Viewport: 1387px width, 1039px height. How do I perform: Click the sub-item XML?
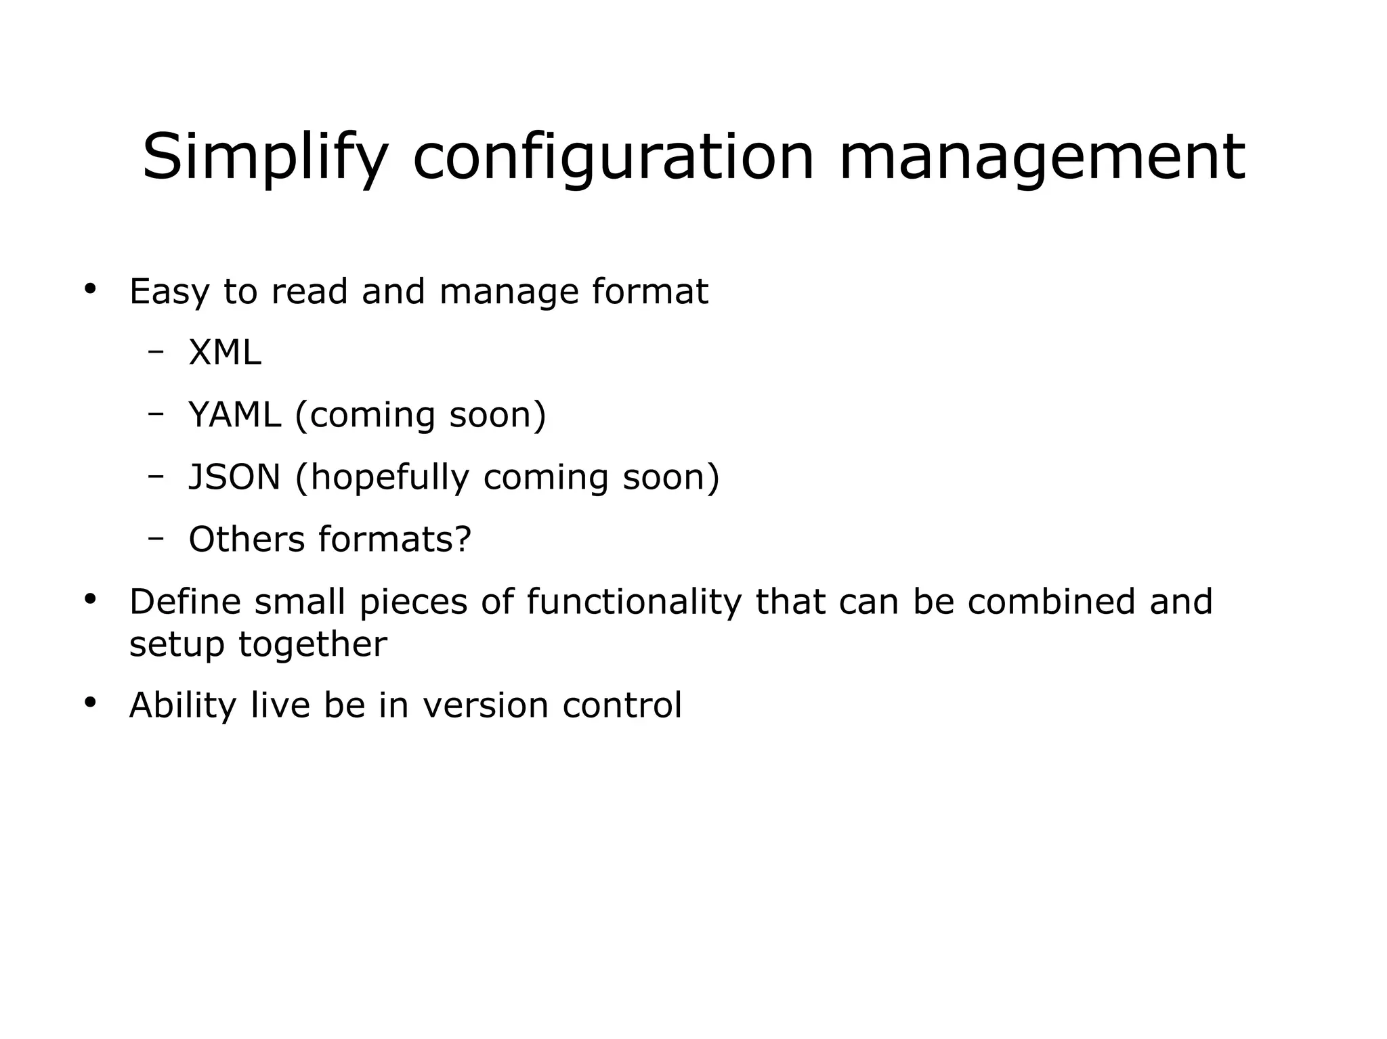pos(224,353)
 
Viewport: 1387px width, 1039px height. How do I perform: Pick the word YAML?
pos(234,415)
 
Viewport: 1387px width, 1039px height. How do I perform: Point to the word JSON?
pos(234,477)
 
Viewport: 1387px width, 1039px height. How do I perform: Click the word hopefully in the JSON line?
pos(389,477)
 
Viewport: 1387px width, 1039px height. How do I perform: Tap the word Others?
pos(247,539)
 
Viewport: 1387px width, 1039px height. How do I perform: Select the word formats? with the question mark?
pos(395,539)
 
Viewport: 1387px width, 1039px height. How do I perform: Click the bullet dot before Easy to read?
pos(90,290)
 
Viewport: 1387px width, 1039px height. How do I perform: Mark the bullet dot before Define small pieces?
pos(90,600)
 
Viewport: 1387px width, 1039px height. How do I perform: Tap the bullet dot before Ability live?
pos(90,703)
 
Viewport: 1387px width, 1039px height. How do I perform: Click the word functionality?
pos(634,602)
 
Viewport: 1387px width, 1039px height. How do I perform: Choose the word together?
pos(312,644)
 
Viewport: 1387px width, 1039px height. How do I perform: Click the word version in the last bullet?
pos(485,705)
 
